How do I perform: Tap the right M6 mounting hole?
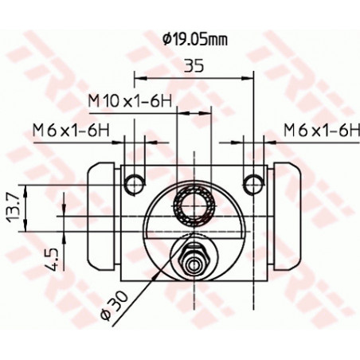coord(254,183)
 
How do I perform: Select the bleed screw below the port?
coord(194,260)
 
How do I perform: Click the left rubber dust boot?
coord(99,215)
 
